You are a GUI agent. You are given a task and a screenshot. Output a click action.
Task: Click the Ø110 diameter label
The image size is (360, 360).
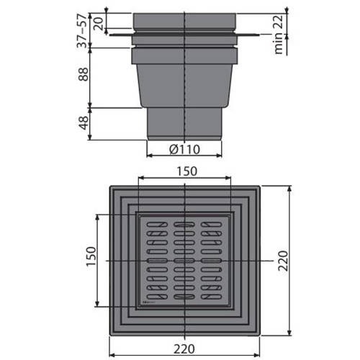point(184,150)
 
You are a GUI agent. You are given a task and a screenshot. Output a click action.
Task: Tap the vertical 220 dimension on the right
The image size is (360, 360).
point(283,259)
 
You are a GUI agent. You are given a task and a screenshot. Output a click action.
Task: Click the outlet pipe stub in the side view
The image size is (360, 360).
point(184,122)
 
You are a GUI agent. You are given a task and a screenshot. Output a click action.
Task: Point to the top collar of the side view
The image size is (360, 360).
point(184,22)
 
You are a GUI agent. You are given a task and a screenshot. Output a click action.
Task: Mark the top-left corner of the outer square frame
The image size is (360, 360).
point(110,187)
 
